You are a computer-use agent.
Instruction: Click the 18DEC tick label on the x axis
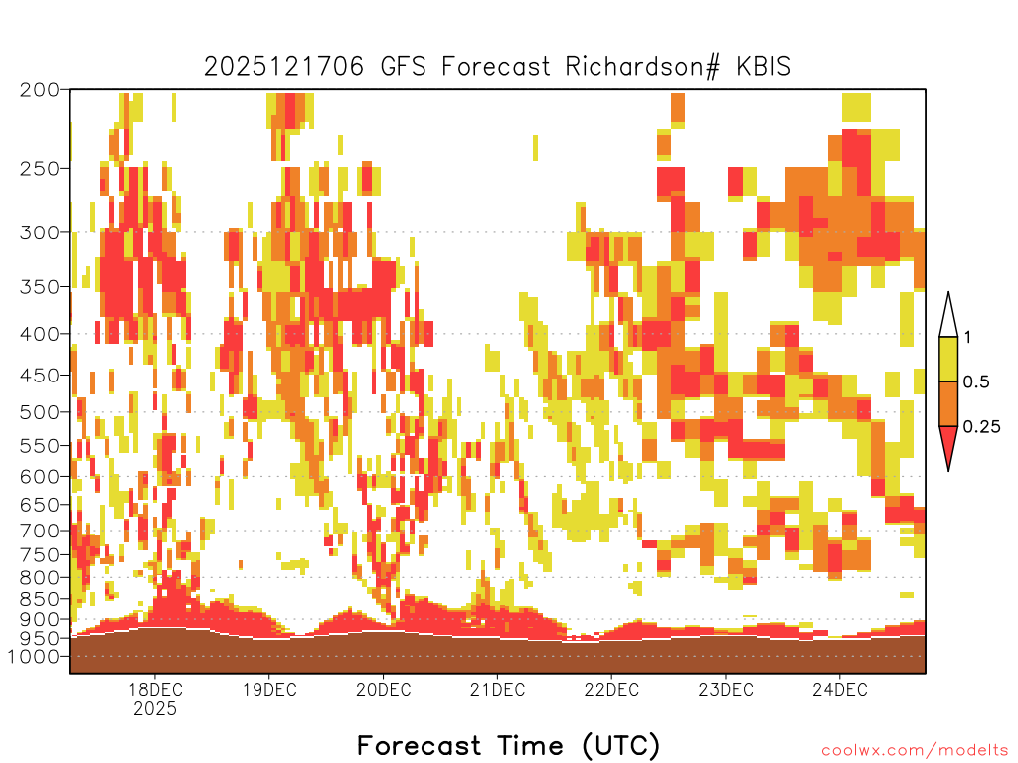coord(155,689)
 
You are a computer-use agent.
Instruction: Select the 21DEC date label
coord(497,689)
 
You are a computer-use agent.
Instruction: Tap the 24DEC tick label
coord(839,689)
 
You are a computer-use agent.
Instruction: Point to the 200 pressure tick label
coord(40,90)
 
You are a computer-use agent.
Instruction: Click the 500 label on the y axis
coord(40,412)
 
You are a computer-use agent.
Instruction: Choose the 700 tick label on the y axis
coord(40,531)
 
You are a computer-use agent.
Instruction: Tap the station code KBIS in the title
coord(763,67)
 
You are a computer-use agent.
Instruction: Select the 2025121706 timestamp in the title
coord(283,67)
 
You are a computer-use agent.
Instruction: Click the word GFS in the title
coord(404,67)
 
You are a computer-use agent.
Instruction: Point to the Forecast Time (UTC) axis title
coord(508,746)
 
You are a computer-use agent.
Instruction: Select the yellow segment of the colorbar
coord(948,359)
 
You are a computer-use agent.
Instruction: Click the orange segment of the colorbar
coord(948,403)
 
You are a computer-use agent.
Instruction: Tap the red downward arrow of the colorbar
coord(948,444)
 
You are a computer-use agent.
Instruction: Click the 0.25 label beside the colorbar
coord(981,426)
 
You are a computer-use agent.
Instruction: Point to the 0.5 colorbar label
coord(976,381)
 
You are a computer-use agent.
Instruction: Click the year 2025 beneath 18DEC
coord(155,709)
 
